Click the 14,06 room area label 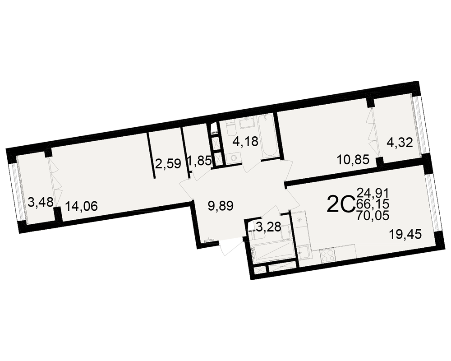(x=82, y=206)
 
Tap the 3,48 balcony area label (x=41, y=202)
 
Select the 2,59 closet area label (x=168, y=164)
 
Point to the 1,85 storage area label (x=200, y=160)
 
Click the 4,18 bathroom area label (x=245, y=141)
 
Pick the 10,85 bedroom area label (x=353, y=159)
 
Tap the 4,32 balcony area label (x=400, y=142)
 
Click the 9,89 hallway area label (x=221, y=206)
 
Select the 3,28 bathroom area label (x=268, y=227)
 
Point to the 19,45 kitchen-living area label (x=405, y=235)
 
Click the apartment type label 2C (x=341, y=204)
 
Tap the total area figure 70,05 (x=373, y=215)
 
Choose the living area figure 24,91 (x=373, y=192)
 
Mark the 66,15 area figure (x=373, y=204)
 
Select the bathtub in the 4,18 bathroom (x=268, y=136)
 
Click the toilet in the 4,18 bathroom (x=231, y=129)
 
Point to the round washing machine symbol (x=233, y=158)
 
